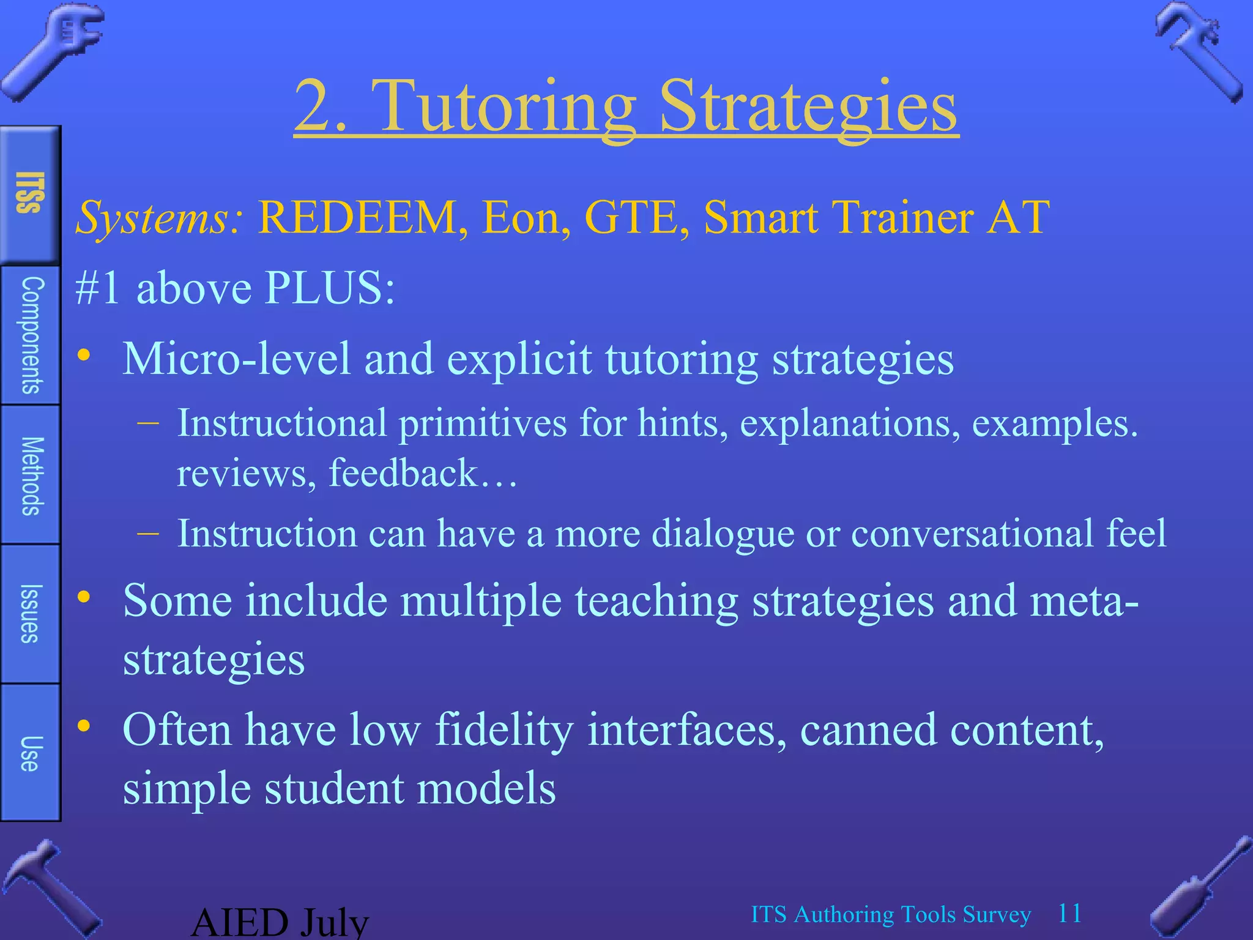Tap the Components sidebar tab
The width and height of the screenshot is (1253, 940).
coord(31,335)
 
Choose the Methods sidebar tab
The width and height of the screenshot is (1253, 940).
coord(31,476)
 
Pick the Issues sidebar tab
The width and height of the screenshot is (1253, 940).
coord(31,614)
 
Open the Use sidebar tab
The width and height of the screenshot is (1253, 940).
coord(31,753)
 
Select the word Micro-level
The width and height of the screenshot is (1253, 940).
coord(236,359)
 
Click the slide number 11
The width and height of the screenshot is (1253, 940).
coord(1070,914)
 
